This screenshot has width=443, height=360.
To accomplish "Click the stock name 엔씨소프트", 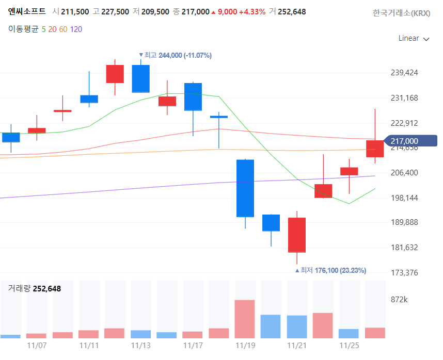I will click(x=27, y=11).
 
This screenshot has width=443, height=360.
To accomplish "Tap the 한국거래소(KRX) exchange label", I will click(x=401, y=13).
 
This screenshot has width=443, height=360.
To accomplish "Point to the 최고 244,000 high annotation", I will click(x=176, y=55).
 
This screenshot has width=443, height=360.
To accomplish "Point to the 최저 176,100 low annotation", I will click(x=330, y=270).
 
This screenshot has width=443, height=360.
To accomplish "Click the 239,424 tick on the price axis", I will click(x=404, y=73).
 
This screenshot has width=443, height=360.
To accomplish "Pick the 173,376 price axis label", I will click(x=404, y=272).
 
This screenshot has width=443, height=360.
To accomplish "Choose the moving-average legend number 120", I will click(x=76, y=29).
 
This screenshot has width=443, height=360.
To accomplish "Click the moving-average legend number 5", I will click(x=43, y=29).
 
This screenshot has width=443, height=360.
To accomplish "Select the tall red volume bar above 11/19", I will click(x=245, y=319).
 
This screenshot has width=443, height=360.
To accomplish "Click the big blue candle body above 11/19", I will click(x=245, y=188).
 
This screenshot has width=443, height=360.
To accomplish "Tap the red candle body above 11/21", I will click(x=297, y=235).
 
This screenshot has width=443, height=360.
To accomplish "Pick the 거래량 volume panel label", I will click(x=18, y=289).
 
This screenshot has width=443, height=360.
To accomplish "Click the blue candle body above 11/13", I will click(x=140, y=78).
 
